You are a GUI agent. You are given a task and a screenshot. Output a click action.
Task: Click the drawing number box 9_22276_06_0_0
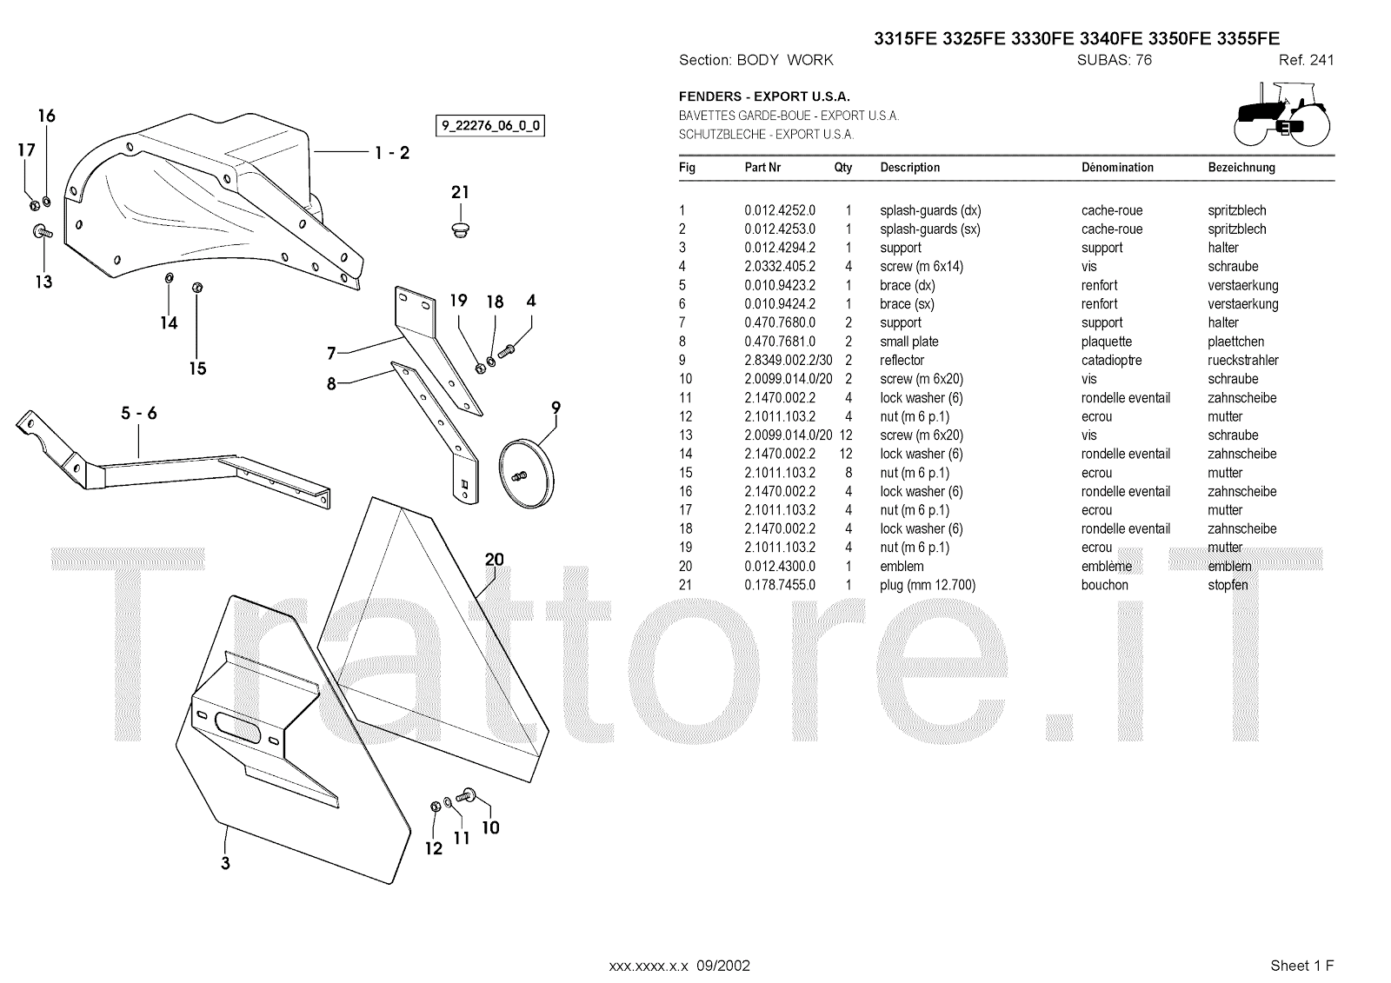(x=490, y=125)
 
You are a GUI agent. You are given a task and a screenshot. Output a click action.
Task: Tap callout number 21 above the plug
(x=460, y=192)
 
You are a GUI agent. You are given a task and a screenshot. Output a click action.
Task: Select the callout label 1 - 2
(x=392, y=153)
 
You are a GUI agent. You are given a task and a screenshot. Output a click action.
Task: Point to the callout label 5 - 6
(x=139, y=413)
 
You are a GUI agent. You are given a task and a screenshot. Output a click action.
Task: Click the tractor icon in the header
(x=1281, y=115)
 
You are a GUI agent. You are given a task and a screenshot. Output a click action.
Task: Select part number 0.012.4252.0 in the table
(x=780, y=210)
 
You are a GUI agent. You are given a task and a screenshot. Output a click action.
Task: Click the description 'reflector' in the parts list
(x=902, y=360)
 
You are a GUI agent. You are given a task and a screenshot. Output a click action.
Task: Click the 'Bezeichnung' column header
(x=1241, y=168)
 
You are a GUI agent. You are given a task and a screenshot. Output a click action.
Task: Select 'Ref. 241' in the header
(x=1306, y=60)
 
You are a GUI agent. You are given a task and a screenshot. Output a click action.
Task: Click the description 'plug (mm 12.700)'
(x=928, y=585)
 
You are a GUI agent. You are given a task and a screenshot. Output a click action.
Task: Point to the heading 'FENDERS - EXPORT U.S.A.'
(x=764, y=96)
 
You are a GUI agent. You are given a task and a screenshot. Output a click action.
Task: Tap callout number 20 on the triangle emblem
(x=494, y=560)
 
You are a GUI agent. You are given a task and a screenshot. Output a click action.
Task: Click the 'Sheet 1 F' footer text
(x=1301, y=965)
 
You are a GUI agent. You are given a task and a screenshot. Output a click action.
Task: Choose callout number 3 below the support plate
(x=225, y=863)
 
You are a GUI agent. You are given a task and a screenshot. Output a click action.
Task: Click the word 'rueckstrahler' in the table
(x=1243, y=360)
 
